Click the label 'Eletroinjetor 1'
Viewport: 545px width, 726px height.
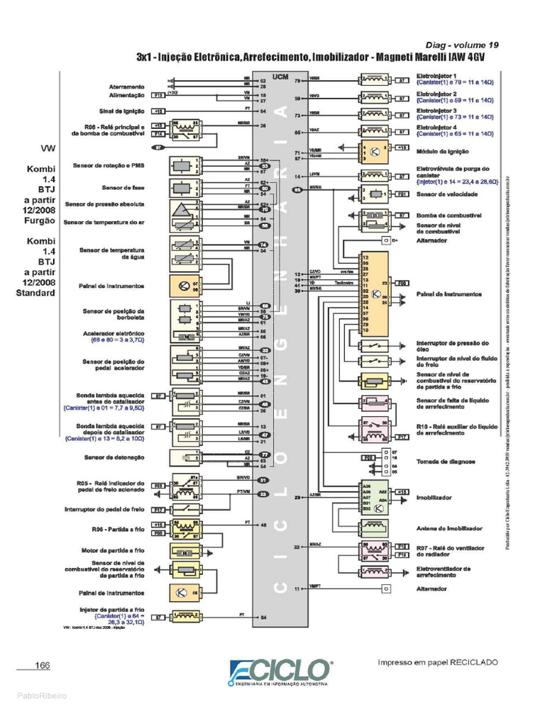point(436,75)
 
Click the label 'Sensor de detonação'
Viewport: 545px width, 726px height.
point(114,457)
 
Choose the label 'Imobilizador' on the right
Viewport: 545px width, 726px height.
point(434,498)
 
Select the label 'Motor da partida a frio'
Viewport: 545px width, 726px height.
point(111,549)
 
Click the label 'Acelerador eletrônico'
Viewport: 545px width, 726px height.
point(116,333)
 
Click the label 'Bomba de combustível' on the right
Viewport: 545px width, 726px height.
point(449,214)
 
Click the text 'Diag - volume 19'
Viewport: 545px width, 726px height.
point(461,45)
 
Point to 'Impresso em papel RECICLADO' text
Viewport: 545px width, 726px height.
point(438,662)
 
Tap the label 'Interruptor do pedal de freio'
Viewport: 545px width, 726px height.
point(104,509)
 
